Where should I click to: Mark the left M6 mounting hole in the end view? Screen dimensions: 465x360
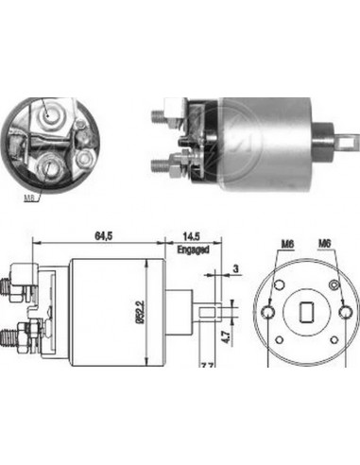[x=271, y=312]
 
